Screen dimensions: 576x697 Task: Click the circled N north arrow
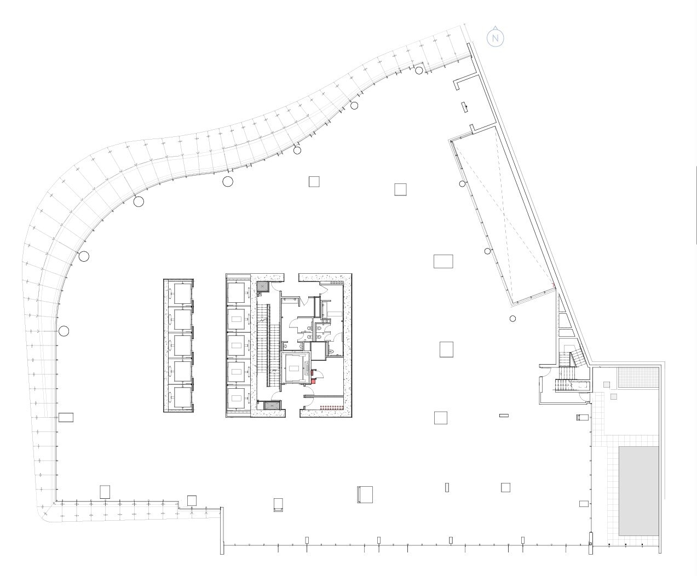coord(496,38)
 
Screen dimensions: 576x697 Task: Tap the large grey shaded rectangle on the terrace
coord(638,491)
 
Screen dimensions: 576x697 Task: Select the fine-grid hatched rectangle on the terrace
coord(638,378)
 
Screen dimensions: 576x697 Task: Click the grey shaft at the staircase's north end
coord(263,286)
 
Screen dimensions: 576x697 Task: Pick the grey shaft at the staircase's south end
coord(270,406)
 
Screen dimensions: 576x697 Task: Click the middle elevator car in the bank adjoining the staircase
coord(237,345)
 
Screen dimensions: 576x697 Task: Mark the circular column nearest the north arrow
coord(419,70)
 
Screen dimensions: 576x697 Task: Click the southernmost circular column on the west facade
coord(64,331)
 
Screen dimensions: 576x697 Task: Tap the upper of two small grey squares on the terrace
coord(607,385)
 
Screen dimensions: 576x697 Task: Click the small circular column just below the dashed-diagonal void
coord(512,319)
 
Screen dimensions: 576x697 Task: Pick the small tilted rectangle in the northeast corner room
coord(464,107)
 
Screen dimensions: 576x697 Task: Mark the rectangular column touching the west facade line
coord(66,417)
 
